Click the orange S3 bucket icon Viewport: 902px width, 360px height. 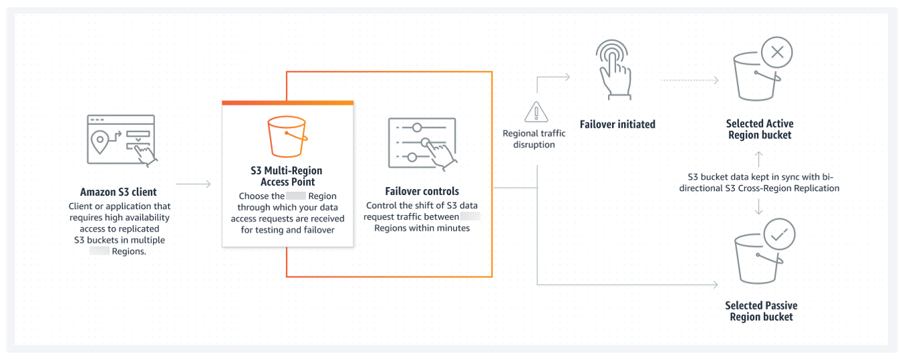287,136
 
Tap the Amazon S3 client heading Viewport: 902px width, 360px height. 118,192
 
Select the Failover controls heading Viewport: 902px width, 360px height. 422,191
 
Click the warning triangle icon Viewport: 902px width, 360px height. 535,112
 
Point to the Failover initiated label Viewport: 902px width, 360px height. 617,124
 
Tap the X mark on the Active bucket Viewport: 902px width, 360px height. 777,52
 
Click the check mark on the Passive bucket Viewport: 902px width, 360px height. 776,234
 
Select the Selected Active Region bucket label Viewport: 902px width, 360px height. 759,129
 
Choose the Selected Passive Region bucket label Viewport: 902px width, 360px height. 761,311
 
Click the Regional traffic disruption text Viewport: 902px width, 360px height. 534,139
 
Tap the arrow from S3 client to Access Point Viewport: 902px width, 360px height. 194,183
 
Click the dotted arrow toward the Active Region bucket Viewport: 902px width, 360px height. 688,81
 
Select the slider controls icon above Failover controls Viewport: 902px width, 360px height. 422,142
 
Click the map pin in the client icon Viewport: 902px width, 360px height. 100,140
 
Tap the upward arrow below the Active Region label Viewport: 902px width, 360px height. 758,158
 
